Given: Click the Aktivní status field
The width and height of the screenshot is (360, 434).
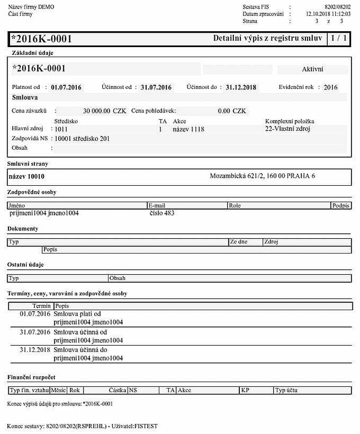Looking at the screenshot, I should click(312, 69).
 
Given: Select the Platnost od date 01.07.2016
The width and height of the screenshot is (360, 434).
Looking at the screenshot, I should click(66, 87).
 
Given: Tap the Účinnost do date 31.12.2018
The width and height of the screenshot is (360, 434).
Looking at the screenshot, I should click(241, 87).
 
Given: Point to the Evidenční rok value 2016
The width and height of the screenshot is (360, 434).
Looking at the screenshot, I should click(330, 87).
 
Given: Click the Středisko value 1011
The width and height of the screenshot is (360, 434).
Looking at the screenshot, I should click(61, 129).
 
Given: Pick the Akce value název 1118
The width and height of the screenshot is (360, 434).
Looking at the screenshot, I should click(188, 129).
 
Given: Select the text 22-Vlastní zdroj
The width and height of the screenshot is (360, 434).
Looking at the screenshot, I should click(287, 129).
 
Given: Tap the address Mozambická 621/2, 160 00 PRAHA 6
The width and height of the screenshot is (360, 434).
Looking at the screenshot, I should click(263, 176).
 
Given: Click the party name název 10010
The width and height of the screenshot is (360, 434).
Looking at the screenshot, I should click(27, 176).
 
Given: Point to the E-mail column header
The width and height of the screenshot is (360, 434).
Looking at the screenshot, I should click(157, 205).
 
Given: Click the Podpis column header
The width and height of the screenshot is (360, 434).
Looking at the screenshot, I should click(341, 205).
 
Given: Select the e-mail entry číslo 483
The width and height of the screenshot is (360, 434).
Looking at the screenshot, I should click(163, 213).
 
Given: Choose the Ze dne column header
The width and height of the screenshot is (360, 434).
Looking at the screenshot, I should click(238, 242).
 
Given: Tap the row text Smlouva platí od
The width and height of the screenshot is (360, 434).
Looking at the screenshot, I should click(77, 314).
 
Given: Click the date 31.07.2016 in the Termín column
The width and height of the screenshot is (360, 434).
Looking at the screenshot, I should click(35, 332).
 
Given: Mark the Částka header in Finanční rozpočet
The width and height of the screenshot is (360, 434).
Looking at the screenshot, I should click(117, 391).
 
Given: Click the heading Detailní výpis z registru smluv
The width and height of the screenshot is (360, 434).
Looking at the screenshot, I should click(267, 39).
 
